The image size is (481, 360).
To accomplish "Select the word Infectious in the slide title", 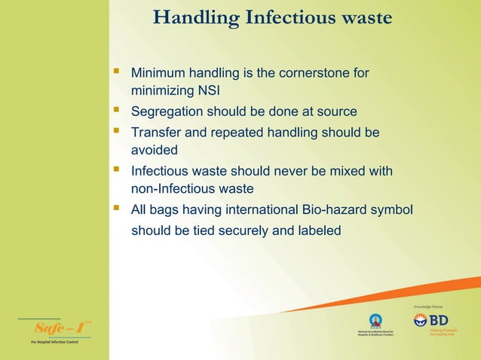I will point(286,17).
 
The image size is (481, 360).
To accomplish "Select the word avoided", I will point(155,151).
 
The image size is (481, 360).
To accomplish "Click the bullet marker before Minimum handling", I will point(116,73).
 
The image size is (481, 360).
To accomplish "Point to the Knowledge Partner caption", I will point(428,307).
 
